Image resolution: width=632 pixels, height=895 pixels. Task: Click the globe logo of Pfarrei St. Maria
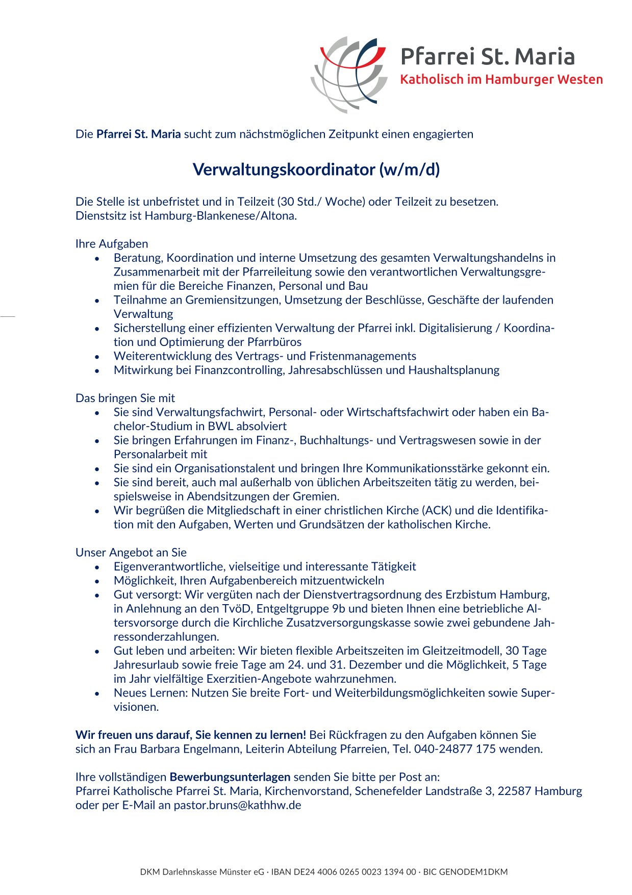(x=348, y=74)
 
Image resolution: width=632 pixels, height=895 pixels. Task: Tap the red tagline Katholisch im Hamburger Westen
(x=501, y=80)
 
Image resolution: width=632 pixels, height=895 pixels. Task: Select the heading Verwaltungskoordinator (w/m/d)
(x=316, y=169)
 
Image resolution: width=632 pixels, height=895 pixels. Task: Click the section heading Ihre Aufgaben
(x=112, y=244)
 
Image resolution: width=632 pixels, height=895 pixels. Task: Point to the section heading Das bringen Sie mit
(x=125, y=398)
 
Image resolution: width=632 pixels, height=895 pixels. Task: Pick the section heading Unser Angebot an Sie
(x=131, y=552)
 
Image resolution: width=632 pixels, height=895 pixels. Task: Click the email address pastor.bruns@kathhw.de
(x=237, y=805)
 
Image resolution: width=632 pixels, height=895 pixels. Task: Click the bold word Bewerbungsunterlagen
(x=230, y=777)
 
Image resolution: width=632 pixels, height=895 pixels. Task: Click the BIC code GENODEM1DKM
(x=473, y=872)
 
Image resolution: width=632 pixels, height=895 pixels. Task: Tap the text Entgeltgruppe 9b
(x=300, y=609)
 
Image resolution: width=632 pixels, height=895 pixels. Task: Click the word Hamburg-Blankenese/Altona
(x=220, y=216)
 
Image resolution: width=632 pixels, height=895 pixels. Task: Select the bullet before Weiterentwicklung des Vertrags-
(x=97, y=357)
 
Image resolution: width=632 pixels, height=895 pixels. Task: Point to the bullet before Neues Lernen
(x=97, y=693)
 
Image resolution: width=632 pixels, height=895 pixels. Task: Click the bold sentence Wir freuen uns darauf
(x=191, y=735)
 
